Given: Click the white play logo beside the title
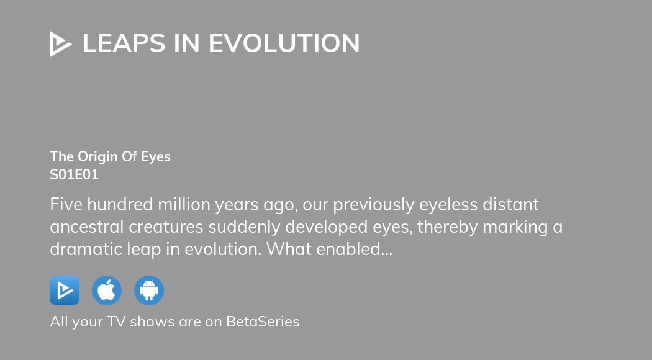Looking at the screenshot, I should click(x=60, y=44).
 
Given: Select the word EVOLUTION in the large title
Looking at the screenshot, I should click(x=284, y=43).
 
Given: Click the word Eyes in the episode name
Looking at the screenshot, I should click(x=155, y=156).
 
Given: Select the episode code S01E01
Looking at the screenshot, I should click(x=74, y=175).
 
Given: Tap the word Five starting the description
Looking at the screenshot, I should click(x=66, y=204).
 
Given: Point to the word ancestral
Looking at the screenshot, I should click(x=87, y=227).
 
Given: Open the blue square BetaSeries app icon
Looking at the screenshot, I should click(x=65, y=290).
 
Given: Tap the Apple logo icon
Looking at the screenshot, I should click(x=107, y=290).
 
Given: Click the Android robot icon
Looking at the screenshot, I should click(x=149, y=290).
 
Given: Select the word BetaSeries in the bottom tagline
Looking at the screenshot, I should click(x=263, y=322).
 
